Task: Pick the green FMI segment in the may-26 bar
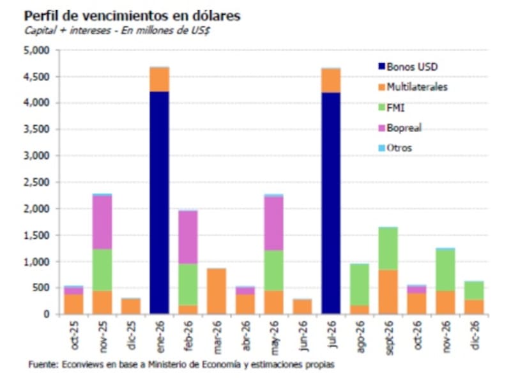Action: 274,270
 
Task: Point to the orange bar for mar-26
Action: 217,291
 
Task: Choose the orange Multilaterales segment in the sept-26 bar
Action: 388,292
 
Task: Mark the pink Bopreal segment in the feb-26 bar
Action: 188,237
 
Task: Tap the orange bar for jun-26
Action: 302,307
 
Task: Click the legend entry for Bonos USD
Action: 411,66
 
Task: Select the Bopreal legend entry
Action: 404,128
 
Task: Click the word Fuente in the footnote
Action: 43,365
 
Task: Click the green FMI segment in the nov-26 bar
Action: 445,271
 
